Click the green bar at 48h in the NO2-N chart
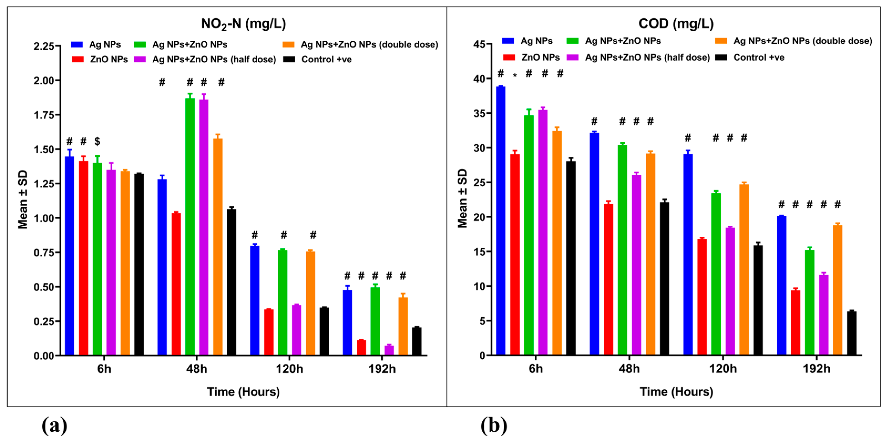coord(190,227)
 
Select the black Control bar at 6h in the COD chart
coord(571,258)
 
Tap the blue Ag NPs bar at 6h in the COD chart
coord(501,220)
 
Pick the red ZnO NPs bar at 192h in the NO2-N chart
coord(361,348)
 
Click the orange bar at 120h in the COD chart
coord(744,270)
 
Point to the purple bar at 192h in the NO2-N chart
coord(389,350)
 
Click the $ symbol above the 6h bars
coord(98,141)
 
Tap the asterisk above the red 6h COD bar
coord(515,75)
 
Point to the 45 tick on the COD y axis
coord(479,44)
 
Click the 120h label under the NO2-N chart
coord(289,369)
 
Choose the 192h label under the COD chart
coord(816,369)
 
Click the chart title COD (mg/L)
coord(676,23)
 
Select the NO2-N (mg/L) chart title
coord(243,24)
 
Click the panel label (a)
coord(54,426)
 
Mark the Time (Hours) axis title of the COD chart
coord(676,392)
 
